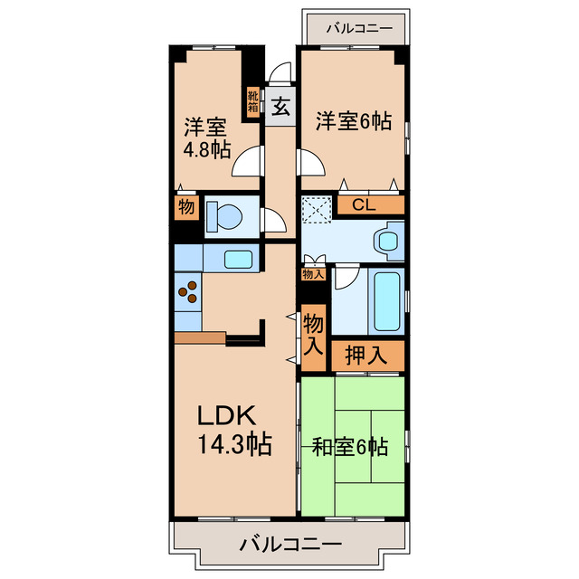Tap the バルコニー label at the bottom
(290, 546)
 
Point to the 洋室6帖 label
(354, 120)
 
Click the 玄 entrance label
(280, 107)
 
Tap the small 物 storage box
(185, 207)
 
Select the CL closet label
(365, 205)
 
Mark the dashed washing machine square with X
(318, 209)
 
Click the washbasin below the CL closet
(388, 242)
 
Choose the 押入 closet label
(366, 356)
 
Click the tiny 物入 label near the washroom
(312, 273)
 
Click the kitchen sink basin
(238, 258)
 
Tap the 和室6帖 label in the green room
(351, 447)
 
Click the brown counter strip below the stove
(199, 337)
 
